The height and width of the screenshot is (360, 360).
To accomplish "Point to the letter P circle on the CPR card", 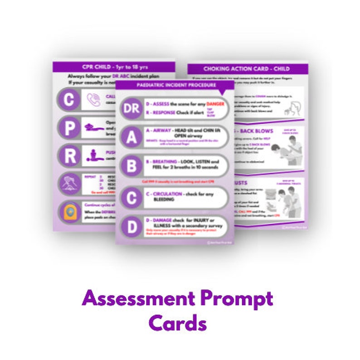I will click(x=69, y=128).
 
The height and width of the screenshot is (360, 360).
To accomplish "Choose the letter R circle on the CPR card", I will click(x=69, y=156).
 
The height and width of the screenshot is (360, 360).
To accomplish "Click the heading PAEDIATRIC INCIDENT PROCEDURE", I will click(x=174, y=85).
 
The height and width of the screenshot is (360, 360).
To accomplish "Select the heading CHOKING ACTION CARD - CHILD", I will click(x=247, y=69).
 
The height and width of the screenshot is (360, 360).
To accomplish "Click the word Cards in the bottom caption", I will click(x=177, y=323).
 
